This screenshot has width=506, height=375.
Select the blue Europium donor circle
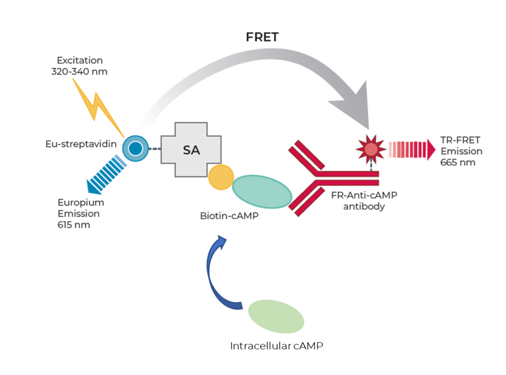[136, 148]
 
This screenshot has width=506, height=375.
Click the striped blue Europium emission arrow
[106, 173]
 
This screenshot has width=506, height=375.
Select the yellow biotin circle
[220, 177]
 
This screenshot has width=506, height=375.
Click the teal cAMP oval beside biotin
[261, 193]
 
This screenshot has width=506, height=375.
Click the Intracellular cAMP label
[276, 346]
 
